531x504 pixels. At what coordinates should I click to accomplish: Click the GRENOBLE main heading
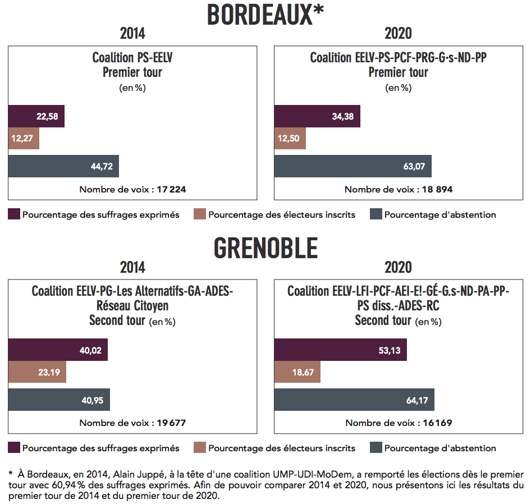pyautogui.click(x=265, y=248)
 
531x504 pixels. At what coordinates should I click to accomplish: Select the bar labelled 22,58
pyautogui.click(x=36, y=116)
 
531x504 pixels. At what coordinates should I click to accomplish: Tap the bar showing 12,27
pyautogui.click(x=24, y=138)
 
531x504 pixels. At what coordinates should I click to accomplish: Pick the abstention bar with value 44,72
pyautogui.click(x=63, y=166)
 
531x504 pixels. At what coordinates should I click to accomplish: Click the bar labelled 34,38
pyautogui.click(x=317, y=116)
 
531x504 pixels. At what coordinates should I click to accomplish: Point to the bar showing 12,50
pyautogui.click(x=290, y=138)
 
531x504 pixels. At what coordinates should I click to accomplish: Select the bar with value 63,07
pyautogui.click(x=353, y=166)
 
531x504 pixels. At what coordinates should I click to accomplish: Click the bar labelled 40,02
pyautogui.click(x=58, y=350)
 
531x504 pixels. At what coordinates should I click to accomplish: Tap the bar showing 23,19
pyautogui.click(x=37, y=372)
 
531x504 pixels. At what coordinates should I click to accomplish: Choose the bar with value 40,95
pyautogui.click(x=59, y=400)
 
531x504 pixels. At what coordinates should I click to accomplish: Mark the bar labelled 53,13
pyautogui.click(x=340, y=350)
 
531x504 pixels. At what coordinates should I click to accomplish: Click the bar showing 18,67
pyautogui.click(x=297, y=372)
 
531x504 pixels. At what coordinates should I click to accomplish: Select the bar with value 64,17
pyautogui.click(x=354, y=400)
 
